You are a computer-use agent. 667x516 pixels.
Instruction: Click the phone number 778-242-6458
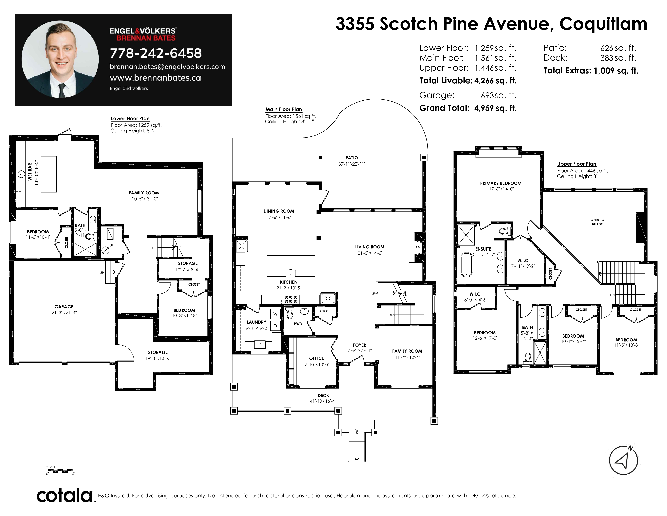click(x=156, y=53)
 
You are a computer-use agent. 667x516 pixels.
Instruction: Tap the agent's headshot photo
click(x=60, y=59)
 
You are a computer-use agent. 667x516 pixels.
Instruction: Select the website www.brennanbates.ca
click(x=155, y=78)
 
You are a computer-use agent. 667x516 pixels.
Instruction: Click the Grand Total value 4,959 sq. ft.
click(x=495, y=108)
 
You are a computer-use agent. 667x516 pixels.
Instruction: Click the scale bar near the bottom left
click(x=62, y=470)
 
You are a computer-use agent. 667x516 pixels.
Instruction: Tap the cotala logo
click(x=65, y=496)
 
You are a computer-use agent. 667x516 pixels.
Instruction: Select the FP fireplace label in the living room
click(x=418, y=248)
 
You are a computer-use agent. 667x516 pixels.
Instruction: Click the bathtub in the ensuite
click(x=466, y=265)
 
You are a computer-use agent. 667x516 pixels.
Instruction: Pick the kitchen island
click(x=291, y=266)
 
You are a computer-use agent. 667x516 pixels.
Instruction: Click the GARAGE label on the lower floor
click(x=64, y=307)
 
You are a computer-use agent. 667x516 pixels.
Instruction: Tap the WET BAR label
click(x=30, y=172)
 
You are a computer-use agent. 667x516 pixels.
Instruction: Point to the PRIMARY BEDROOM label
click(x=501, y=183)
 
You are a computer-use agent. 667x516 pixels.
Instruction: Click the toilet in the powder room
click(x=289, y=312)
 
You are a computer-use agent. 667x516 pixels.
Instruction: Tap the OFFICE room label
click(x=316, y=358)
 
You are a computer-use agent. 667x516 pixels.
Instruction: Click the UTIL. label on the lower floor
click(x=113, y=245)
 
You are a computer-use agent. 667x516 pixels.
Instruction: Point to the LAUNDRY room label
click(x=256, y=322)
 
